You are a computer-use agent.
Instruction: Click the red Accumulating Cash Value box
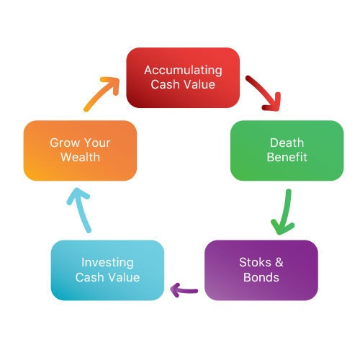click(183, 78)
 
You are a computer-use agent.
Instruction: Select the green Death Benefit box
click(287, 150)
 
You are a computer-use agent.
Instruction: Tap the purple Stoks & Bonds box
click(261, 270)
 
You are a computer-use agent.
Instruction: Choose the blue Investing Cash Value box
click(107, 270)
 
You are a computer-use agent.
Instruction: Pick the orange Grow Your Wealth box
click(80, 150)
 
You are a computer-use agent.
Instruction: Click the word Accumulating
click(183, 71)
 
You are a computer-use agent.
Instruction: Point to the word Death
click(287, 143)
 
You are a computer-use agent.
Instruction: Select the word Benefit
click(287, 157)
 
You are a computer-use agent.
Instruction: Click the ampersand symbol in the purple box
click(279, 262)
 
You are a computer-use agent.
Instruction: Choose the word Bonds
click(261, 277)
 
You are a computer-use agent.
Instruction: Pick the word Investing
click(107, 263)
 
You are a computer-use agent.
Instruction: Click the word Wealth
click(80, 157)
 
